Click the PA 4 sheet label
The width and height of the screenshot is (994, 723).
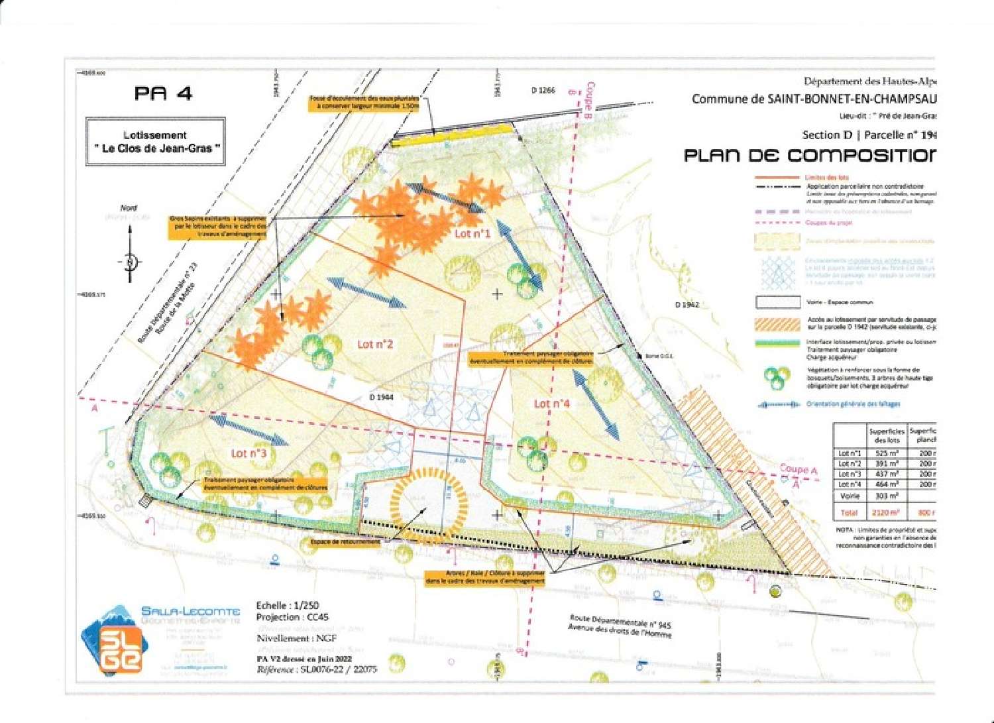pos(163,93)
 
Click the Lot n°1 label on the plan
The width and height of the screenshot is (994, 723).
pos(472,233)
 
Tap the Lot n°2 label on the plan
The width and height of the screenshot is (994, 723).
pos(375,344)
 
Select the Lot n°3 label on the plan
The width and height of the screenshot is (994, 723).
pos(248,453)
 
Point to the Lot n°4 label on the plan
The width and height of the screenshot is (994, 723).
pos(551,404)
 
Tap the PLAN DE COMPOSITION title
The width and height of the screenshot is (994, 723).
pos(809,156)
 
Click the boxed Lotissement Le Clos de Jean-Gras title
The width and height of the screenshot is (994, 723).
pos(155,141)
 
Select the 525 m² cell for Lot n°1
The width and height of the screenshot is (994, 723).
pos(887,453)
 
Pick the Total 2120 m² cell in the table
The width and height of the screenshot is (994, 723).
pos(886,512)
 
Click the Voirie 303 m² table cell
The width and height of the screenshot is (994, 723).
pos(886,496)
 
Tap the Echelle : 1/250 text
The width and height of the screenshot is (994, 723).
pos(288,605)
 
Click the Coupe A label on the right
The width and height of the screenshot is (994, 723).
pos(798,469)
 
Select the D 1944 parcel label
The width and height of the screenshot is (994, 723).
pos(382,397)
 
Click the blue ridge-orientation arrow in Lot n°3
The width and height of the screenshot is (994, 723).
pos(248,431)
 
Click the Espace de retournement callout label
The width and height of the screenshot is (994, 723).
pos(345,541)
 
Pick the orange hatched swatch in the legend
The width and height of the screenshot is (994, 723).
pos(777,324)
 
